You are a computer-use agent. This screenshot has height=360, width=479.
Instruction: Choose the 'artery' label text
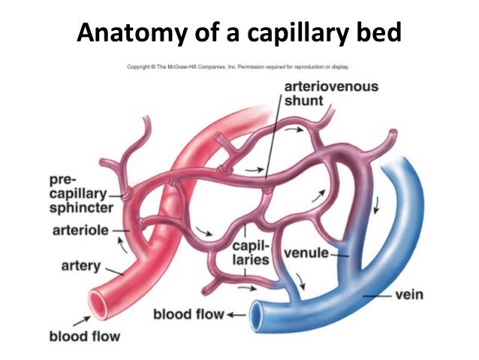point(77,265)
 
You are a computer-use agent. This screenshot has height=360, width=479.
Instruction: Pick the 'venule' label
point(306,253)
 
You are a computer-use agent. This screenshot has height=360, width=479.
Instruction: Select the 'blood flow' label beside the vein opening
point(188,313)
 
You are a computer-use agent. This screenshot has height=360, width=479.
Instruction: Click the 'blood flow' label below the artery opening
point(85,336)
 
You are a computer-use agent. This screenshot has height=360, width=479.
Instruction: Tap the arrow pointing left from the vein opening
point(237,313)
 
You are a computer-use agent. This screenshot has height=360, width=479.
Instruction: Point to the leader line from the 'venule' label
point(341,255)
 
